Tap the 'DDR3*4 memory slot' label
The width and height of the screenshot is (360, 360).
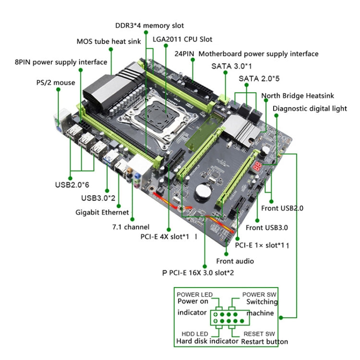[x=149, y=25]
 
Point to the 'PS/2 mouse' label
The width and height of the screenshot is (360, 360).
[x=56, y=83]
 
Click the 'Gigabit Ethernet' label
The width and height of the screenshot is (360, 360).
[x=102, y=212]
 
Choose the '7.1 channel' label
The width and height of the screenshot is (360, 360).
[x=131, y=227]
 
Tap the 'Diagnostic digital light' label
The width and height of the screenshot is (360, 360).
[x=310, y=108]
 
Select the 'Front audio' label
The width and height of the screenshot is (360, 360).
[x=235, y=261]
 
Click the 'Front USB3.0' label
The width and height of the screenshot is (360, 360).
[x=267, y=228]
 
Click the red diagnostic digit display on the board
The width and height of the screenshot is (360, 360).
[x=258, y=167]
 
